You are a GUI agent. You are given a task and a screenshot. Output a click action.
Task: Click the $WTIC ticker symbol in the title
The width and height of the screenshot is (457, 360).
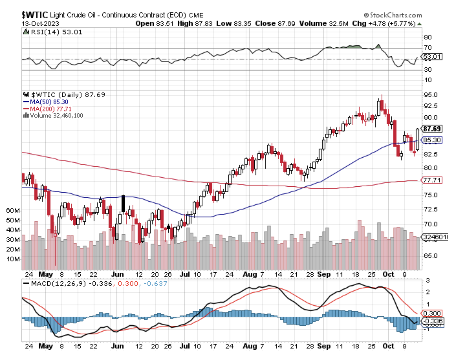point(35,15)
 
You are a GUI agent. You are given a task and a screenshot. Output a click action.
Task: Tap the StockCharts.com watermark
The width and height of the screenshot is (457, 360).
point(393,15)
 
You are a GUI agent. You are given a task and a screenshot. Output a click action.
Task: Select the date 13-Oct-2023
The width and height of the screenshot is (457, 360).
point(40,23)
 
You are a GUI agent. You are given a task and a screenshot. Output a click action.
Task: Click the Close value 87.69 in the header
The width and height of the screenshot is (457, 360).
point(275,23)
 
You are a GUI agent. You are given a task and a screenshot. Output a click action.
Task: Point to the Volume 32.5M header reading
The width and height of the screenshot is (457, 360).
point(323,23)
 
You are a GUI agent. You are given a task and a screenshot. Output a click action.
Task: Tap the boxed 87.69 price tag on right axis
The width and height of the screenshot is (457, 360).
point(432,129)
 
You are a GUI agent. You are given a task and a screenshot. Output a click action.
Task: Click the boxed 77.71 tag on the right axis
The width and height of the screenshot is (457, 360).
point(432,180)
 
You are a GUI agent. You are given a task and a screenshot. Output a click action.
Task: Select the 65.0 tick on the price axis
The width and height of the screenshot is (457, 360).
point(430,256)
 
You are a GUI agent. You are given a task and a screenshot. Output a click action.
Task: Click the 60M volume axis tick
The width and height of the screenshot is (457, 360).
point(13,211)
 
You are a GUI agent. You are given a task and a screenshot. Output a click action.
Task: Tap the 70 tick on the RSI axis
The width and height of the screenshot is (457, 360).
point(428,48)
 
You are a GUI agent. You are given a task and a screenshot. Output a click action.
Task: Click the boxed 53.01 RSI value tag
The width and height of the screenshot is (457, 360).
point(432,56)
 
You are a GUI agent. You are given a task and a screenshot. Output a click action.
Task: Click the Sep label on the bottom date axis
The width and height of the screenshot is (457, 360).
point(324,346)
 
